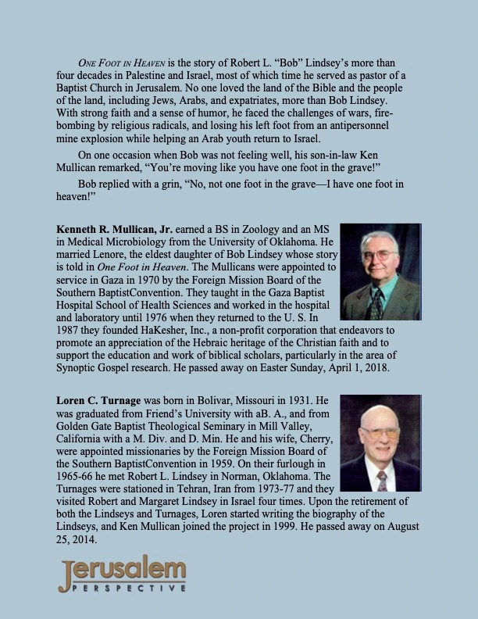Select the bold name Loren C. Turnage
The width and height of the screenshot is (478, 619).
(105, 399)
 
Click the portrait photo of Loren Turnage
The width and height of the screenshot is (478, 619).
(380, 442)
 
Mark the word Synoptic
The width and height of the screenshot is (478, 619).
(83, 366)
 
